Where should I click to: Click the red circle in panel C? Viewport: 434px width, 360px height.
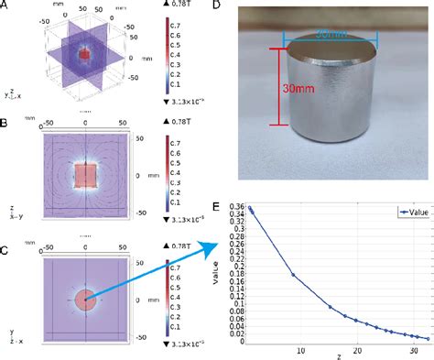85,299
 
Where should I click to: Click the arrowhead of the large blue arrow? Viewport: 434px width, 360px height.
222,244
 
